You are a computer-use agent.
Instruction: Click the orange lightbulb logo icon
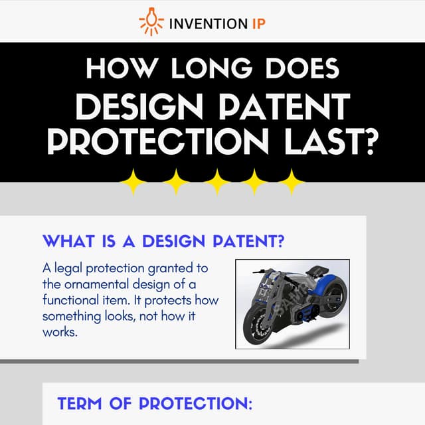151,22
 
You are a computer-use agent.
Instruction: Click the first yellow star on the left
135,181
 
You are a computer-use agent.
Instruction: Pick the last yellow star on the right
290,181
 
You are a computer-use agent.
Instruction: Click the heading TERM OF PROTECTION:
155,404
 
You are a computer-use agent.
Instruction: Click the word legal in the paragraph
68,269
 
